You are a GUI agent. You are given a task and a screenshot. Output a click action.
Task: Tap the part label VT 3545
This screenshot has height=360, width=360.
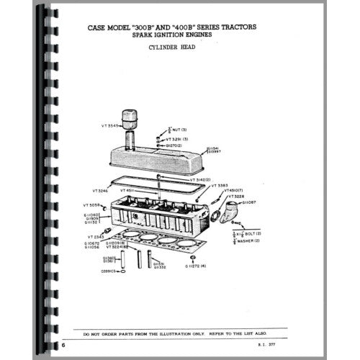pyautogui.click(x=112, y=125)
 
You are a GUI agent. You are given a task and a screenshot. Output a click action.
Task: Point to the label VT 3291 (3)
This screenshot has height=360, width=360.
pyautogui.click(x=174, y=138)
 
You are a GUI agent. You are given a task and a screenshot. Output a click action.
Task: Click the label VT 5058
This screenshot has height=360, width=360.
pyautogui.click(x=94, y=205)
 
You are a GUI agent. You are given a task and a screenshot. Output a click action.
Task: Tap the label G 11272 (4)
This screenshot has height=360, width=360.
pyautogui.click(x=197, y=267)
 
